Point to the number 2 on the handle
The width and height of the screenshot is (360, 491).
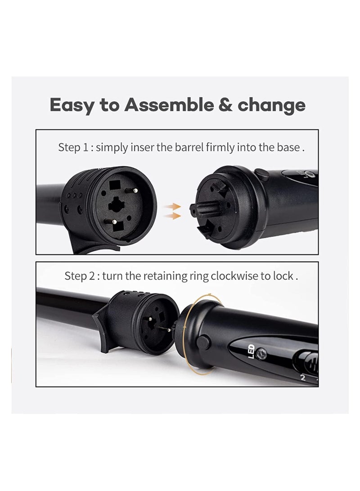(x=303, y=378)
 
